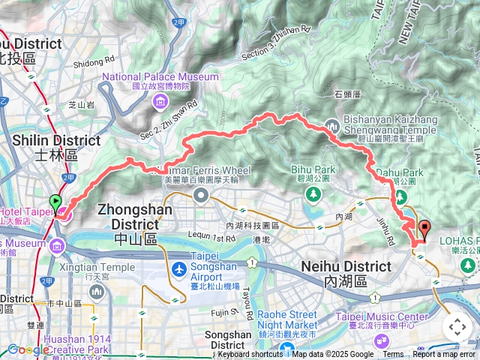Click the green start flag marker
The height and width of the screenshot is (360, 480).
55,202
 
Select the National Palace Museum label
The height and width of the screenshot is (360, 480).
160,76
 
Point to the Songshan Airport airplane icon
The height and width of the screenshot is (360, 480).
178,269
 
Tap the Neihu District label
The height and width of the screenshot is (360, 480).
346,266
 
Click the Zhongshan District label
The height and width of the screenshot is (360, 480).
134,217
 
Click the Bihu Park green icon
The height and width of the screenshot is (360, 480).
313,194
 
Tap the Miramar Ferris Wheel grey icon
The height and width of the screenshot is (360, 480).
200,196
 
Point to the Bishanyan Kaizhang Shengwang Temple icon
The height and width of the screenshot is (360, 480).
332,125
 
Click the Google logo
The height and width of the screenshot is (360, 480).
28,349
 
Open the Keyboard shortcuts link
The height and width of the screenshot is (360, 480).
250,355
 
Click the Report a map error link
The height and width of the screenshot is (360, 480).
443,355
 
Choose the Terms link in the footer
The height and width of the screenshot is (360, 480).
393,355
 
